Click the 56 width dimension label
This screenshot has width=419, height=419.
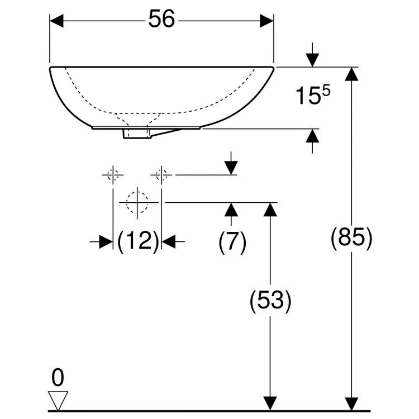point(161,18)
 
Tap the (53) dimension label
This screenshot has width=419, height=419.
point(270,301)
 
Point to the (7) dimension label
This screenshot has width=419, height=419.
point(232,242)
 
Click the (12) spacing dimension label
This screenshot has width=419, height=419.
point(138,241)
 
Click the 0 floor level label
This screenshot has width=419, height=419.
point(58,377)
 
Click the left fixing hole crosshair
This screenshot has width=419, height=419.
point(113,175)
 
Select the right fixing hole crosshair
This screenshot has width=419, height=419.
point(161,175)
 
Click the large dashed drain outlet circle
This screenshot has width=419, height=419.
point(137,203)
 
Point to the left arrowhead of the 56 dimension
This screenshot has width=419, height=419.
point(56,21)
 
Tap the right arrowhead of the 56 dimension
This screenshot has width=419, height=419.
point(266,21)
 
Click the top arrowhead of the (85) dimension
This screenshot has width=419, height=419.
point(351,74)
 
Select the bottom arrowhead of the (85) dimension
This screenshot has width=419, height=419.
point(351,404)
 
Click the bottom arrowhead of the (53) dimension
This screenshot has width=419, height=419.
point(270,404)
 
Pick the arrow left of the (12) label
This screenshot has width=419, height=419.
point(101,241)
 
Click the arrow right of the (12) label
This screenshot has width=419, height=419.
point(173,241)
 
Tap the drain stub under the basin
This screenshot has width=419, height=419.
point(137,134)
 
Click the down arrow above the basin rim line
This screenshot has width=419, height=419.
point(312,55)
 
